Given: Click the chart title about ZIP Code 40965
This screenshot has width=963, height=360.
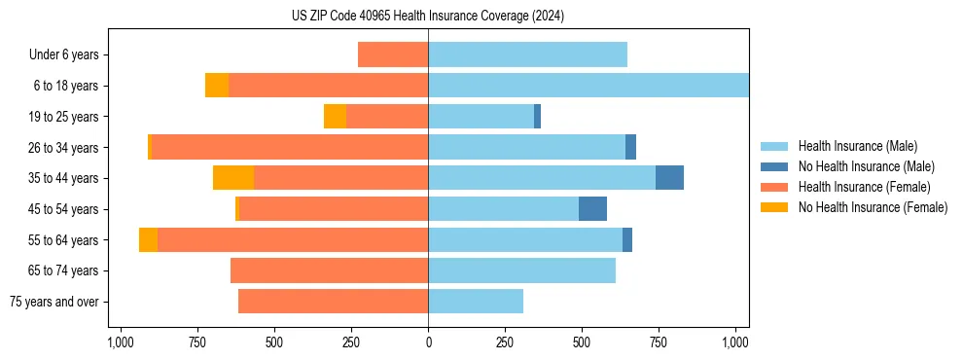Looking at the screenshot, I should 428,16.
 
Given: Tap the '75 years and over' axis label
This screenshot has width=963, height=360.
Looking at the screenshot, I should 53,302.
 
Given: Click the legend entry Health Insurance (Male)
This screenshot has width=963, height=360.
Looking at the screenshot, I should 857,146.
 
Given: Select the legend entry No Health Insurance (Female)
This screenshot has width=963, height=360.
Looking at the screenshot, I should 873,207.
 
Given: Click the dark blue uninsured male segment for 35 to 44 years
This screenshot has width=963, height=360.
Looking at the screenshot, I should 669,178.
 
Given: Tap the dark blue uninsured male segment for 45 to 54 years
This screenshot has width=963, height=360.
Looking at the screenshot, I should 592,209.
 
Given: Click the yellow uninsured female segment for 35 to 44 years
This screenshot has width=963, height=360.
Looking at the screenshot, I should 233,178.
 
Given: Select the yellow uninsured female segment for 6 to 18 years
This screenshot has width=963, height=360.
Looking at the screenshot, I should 217,86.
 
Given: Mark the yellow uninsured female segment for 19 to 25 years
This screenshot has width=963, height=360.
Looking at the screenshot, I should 335,117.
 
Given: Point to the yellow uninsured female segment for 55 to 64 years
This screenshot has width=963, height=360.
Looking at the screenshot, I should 148,240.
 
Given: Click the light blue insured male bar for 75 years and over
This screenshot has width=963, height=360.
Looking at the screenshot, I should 476,302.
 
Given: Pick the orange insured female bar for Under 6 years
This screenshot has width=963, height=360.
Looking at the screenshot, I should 393,54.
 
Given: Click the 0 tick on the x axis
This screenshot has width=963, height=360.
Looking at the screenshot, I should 428,342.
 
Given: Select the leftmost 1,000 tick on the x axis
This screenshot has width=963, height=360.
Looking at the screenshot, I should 120,342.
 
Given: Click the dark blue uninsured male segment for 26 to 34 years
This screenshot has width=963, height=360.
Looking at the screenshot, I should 630,147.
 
